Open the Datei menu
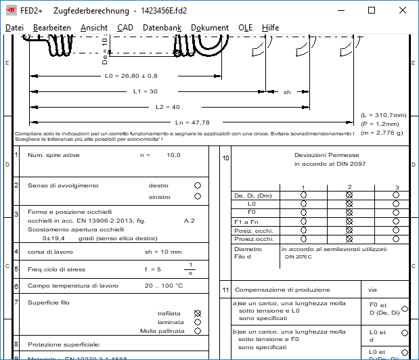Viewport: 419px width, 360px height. click(14, 27)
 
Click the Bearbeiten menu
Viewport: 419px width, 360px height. click(51, 27)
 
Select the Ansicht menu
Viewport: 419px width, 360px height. click(93, 27)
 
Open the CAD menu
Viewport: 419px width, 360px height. click(125, 27)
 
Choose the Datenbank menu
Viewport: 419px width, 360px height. click(162, 27)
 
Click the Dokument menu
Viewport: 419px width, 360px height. click(209, 27)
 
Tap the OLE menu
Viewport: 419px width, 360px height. click(245, 27)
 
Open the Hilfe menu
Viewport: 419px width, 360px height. click(270, 27)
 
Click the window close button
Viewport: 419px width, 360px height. click(403, 10)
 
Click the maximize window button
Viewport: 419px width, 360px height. click(372, 10)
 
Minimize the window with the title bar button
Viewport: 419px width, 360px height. click(340, 10)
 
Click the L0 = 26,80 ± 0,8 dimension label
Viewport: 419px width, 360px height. click(131, 76)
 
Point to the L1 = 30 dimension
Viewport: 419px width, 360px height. click(145, 91)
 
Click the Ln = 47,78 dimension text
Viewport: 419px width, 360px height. click(192, 122)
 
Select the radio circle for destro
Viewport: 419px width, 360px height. click(198, 185)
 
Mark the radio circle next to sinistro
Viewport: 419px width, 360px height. click(198, 196)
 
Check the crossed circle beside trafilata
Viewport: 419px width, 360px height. click(198, 313)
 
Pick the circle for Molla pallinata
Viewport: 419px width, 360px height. click(198, 331)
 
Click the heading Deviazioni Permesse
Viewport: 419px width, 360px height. click(322, 155)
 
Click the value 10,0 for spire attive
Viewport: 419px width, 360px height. click(173, 155)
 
